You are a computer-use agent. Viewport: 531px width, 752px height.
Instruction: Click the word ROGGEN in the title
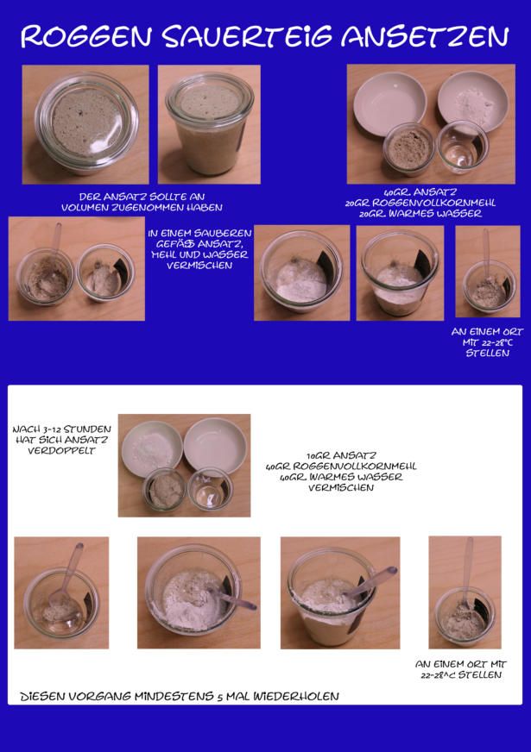[x=86, y=37]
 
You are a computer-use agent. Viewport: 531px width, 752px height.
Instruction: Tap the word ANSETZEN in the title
[x=425, y=37]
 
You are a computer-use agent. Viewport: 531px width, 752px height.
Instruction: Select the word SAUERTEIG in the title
[x=247, y=37]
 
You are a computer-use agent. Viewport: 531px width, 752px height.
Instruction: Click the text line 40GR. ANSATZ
[x=420, y=192]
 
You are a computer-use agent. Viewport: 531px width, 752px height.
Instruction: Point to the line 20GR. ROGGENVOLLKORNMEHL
[x=420, y=203]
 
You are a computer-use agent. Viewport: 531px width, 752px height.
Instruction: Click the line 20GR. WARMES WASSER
[x=420, y=213]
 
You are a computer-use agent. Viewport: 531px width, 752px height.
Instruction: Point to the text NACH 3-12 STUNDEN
[x=61, y=429]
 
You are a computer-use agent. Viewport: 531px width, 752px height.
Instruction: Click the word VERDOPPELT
[x=61, y=451]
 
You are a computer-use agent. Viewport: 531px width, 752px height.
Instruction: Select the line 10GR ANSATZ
[x=341, y=455]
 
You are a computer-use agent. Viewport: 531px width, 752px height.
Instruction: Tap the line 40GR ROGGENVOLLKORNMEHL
[x=341, y=467]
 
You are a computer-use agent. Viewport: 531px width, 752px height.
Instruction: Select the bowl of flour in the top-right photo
[x=473, y=101]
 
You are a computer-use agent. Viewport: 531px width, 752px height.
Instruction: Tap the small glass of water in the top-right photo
[x=462, y=147]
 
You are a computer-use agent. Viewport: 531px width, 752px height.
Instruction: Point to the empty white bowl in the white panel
[x=215, y=447]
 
